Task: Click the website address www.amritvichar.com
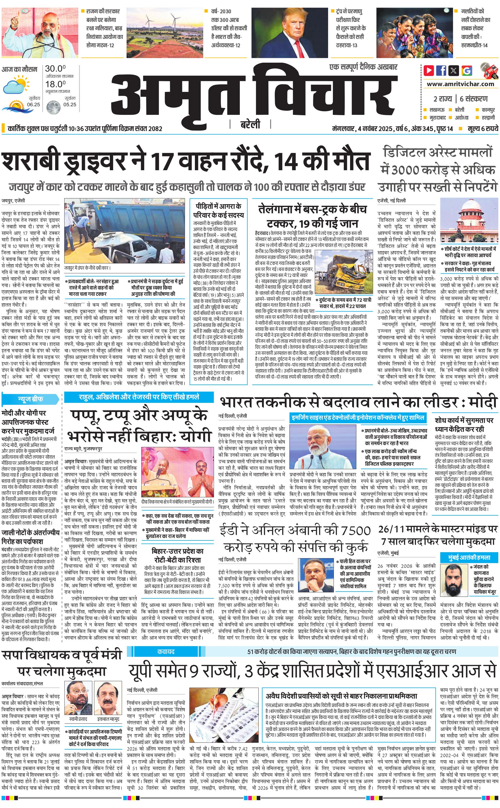coord(460,84)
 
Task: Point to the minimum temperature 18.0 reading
coord(55,84)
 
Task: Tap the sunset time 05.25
coord(70,104)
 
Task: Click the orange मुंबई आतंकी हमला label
coord(469,557)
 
